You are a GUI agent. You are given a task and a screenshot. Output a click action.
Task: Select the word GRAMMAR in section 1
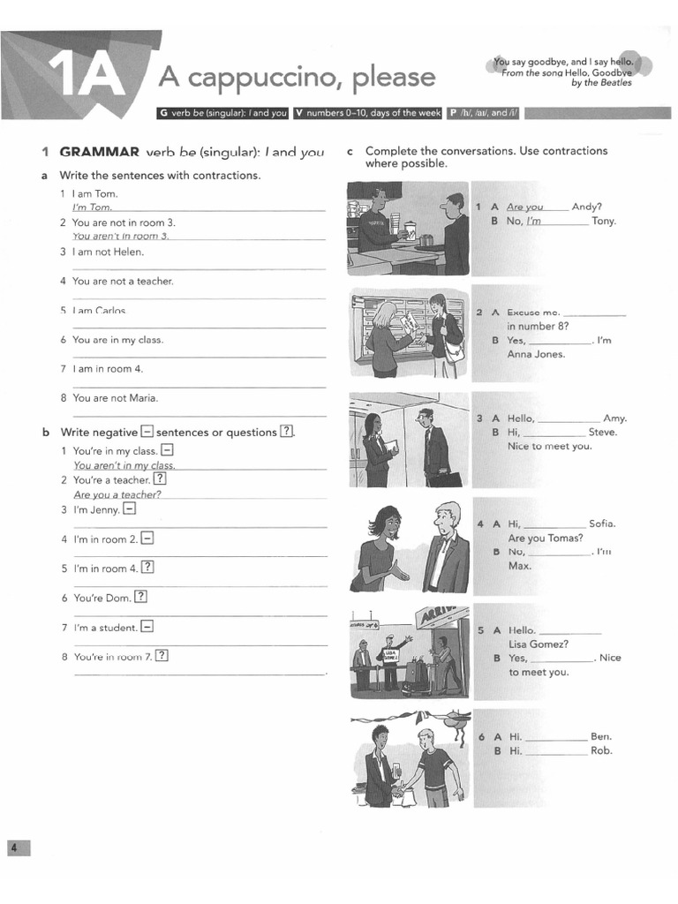click(99, 152)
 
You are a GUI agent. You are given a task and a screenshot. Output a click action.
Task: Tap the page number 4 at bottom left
click(15, 847)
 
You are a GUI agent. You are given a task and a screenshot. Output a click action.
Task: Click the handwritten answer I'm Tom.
click(92, 207)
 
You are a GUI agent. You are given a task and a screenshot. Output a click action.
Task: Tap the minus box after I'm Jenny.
click(129, 509)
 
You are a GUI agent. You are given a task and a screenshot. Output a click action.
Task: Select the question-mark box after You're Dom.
click(140, 597)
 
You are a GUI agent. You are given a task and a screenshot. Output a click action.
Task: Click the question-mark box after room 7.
click(162, 656)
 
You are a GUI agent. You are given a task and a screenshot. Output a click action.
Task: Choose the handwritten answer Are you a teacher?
click(118, 495)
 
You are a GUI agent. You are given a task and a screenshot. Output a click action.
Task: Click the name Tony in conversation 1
click(604, 222)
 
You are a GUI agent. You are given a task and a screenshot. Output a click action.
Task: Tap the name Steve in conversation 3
click(603, 433)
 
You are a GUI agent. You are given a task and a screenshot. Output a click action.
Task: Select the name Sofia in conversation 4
click(601, 524)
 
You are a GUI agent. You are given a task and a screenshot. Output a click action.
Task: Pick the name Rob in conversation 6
click(601, 751)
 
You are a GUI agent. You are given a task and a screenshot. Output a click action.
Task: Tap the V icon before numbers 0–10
click(299, 113)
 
